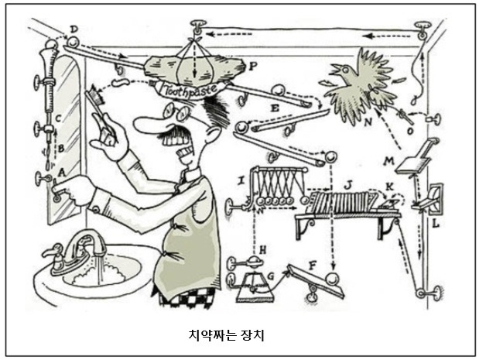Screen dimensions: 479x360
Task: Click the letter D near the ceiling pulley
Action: pyautogui.click(x=74, y=29)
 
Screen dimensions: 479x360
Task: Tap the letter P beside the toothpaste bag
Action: pyautogui.click(x=254, y=67)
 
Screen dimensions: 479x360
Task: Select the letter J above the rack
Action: pyautogui.click(x=348, y=183)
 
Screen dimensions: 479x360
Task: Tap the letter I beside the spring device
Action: pyautogui.click(x=242, y=180)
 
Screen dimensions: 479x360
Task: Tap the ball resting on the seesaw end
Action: pyautogui.click(x=333, y=280)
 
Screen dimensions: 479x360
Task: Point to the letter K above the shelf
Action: pyautogui.click(x=389, y=185)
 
